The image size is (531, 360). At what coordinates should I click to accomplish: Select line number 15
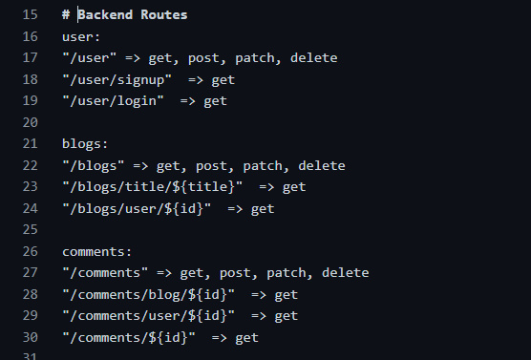point(29,15)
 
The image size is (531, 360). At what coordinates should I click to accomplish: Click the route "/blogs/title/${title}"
point(153,187)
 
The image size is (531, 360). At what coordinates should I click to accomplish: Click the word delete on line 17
point(313,58)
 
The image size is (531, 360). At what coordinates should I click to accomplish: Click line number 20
point(29,122)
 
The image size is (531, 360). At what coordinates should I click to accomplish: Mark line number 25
point(29,230)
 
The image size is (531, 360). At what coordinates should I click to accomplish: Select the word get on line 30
point(246,337)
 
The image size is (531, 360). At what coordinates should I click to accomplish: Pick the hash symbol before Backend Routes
point(66,15)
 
